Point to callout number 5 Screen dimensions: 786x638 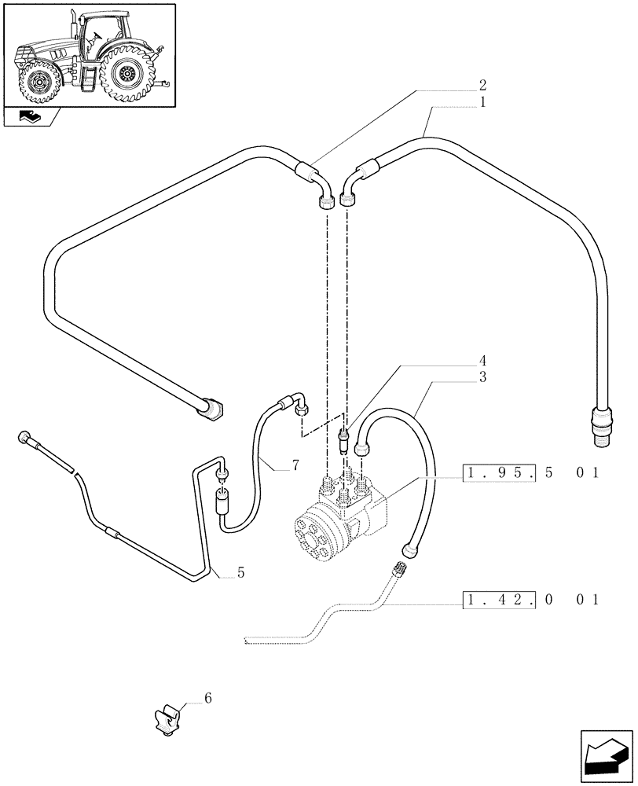[x=240, y=573]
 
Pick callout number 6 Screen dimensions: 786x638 [x=207, y=698]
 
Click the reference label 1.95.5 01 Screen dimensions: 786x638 [x=532, y=473]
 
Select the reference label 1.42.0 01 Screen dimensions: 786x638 [x=532, y=601]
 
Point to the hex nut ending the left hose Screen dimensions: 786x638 [x=213, y=410]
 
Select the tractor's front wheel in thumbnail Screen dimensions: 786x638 [x=36, y=80]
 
